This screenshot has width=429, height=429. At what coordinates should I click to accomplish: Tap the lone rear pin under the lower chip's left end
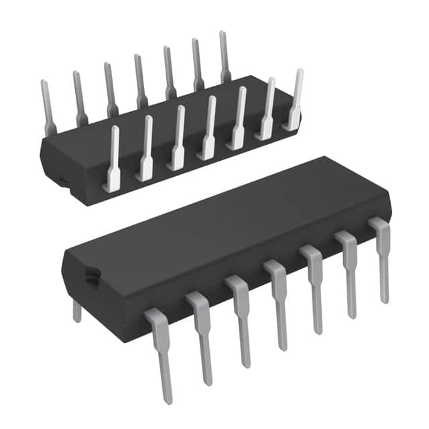(x=76, y=310)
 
